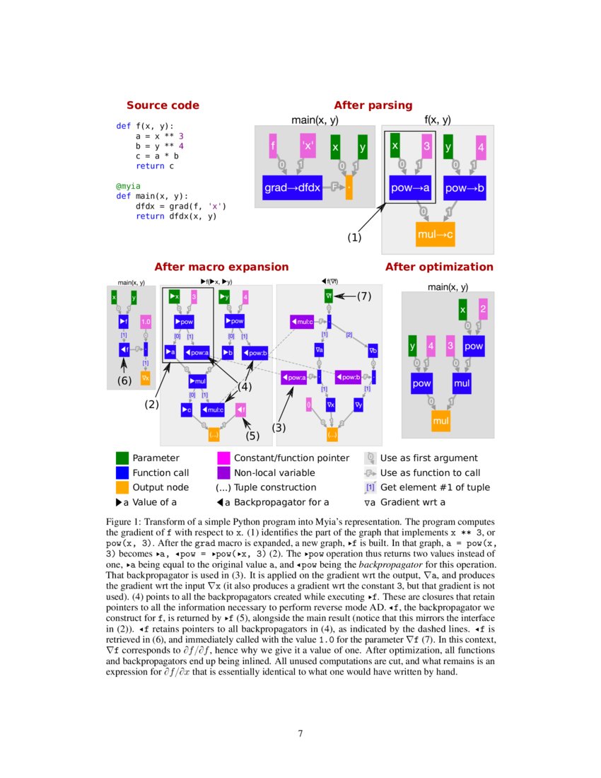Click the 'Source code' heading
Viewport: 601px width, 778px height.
(163, 105)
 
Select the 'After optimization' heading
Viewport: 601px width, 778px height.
(439, 267)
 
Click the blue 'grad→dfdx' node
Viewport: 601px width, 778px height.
(293, 187)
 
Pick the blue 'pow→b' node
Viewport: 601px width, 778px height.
(465, 187)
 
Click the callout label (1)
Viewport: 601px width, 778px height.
(354, 238)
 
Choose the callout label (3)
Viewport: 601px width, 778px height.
(279, 427)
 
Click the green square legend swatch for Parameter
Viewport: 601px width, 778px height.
(122, 458)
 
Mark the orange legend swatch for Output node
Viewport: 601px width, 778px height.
(122, 487)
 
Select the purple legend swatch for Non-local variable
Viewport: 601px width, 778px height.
(223, 472)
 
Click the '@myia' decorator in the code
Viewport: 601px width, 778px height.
(129, 187)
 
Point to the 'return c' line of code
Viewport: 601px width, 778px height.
(154, 166)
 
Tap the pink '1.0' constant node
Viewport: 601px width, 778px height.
(146, 322)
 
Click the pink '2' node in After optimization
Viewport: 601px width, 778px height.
(482, 309)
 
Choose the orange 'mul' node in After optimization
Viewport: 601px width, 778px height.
(440, 422)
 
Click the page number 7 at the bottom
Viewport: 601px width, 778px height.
(300, 733)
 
